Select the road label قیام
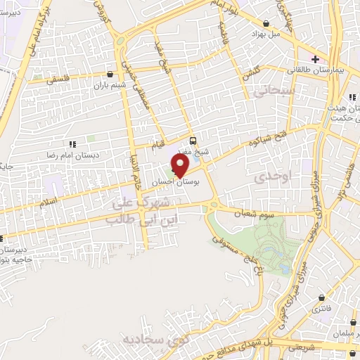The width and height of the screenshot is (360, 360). [160, 145]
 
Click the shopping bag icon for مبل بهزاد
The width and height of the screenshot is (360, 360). [265, 22]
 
